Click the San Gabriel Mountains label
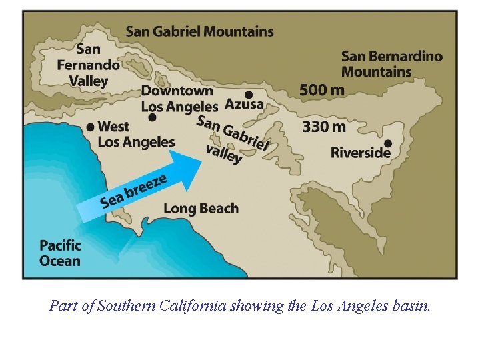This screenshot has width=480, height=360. click(x=199, y=31)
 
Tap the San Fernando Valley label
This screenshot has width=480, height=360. click(x=89, y=65)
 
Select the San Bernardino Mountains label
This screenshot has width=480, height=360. click(x=391, y=64)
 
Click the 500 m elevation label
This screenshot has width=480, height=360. click(x=322, y=89)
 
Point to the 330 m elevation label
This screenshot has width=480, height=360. click(x=324, y=126)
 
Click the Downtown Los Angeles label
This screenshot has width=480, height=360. click(x=179, y=98)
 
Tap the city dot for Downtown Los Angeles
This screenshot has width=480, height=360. click(x=153, y=117)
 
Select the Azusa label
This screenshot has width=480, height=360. click(x=244, y=105)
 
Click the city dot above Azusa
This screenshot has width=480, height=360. click(x=249, y=95)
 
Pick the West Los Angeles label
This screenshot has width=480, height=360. click(x=136, y=133)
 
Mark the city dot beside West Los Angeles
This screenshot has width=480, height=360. click(x=90, y=127)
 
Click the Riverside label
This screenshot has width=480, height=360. click(x=360, y=153)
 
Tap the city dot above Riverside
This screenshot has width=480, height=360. click(x=387, y=143)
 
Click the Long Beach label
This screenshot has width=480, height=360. click(x=201, y=208)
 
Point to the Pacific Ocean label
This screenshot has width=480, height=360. click(x=60, y=253)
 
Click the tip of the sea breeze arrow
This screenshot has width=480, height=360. click(x=201, y=161)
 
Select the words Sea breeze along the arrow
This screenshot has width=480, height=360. click(x=133, y=190)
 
